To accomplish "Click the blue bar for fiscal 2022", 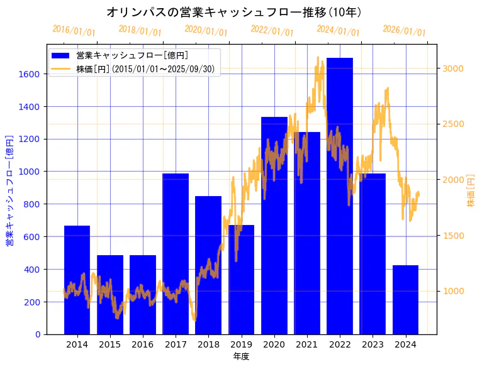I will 340,195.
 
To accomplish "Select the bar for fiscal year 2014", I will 77,280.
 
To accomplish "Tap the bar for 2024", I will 405,300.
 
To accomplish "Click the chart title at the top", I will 234,12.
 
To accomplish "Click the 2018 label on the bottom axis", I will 208,344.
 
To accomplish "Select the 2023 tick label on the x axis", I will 373,344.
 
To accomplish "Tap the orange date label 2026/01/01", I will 404,31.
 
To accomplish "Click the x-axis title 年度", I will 241,356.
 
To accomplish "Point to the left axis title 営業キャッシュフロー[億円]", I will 9,189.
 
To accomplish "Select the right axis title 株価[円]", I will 471,190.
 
